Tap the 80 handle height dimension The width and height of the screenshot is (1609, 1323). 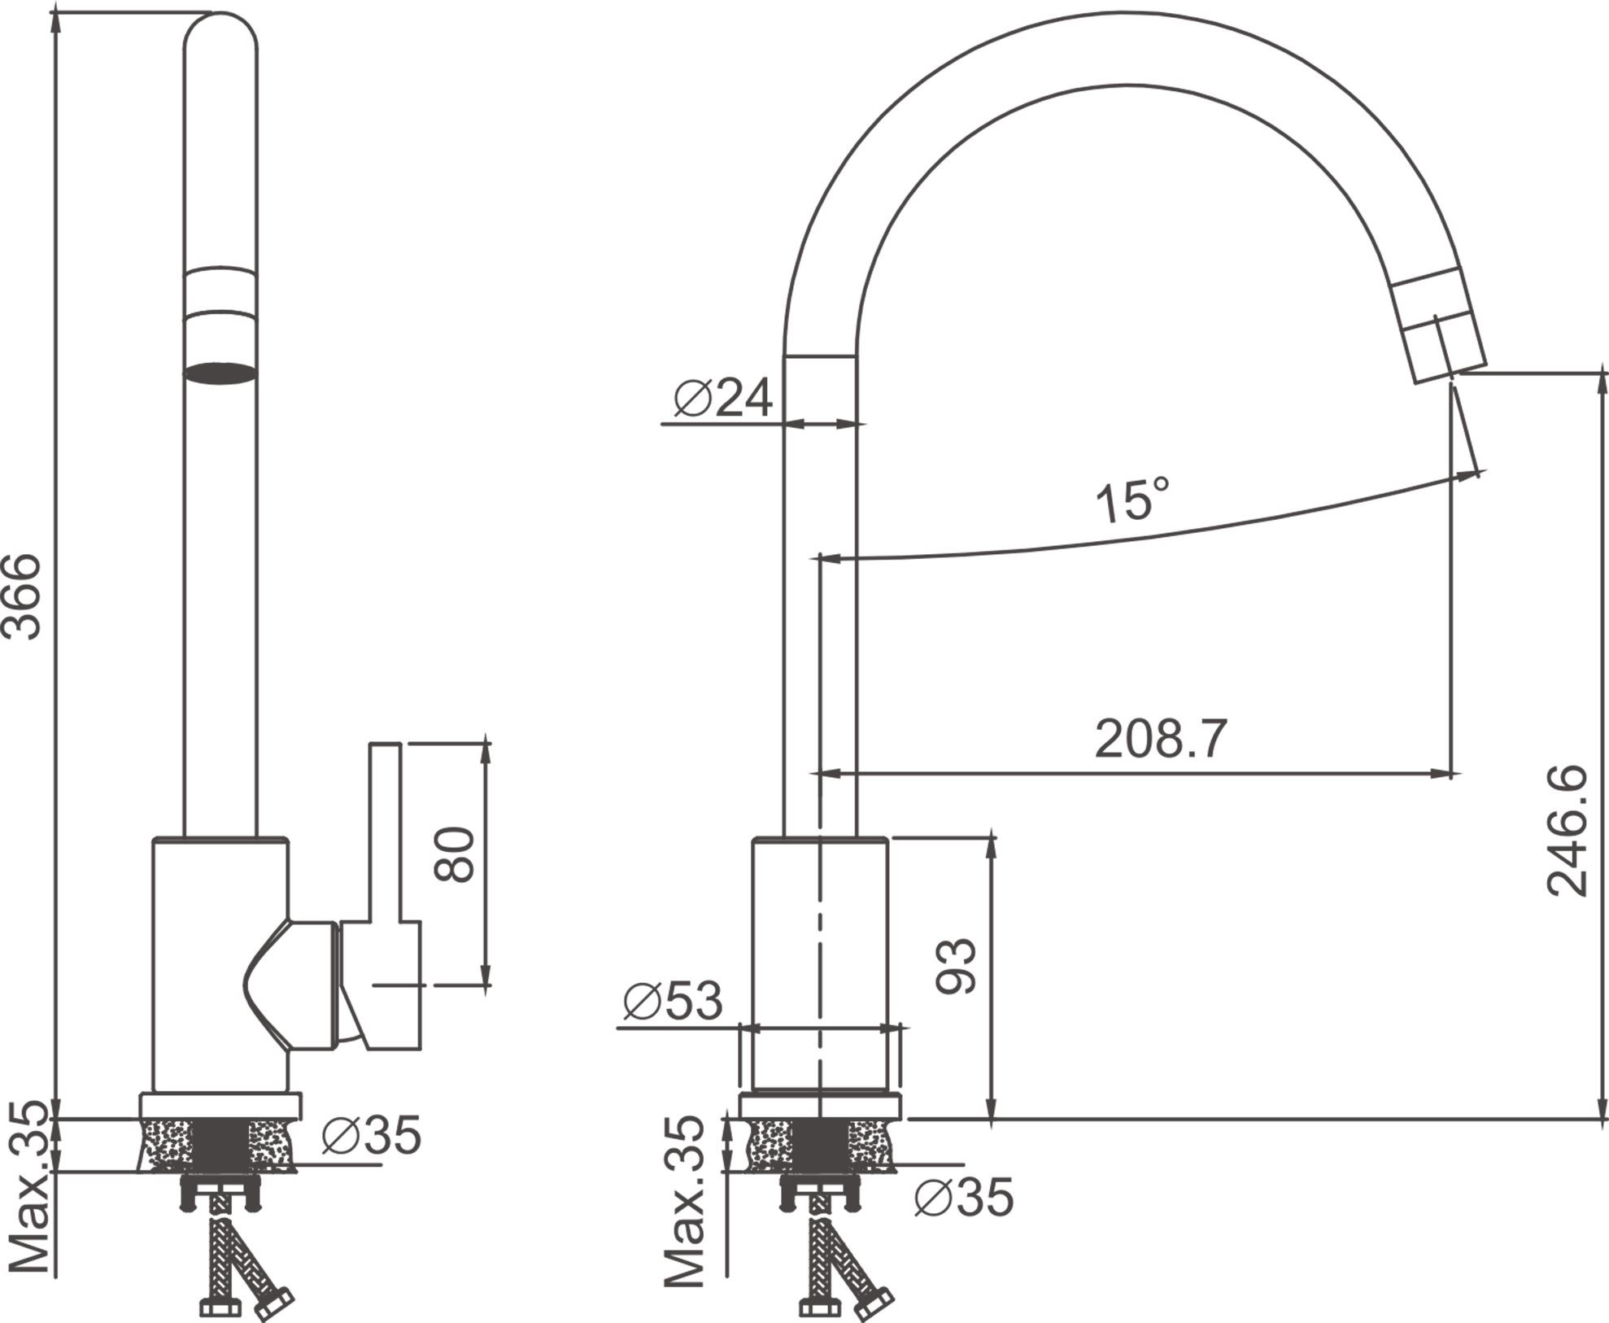(454, 854)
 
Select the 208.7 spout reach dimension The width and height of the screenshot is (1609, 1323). (1160, 739)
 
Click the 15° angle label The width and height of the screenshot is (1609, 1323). (1132, 500)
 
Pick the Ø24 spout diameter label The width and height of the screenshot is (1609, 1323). (723, 398)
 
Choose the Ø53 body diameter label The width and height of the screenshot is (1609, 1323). (673, 1000)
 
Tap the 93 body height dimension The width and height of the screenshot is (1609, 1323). (955, 966)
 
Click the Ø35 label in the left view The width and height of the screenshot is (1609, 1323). (372, 1135)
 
